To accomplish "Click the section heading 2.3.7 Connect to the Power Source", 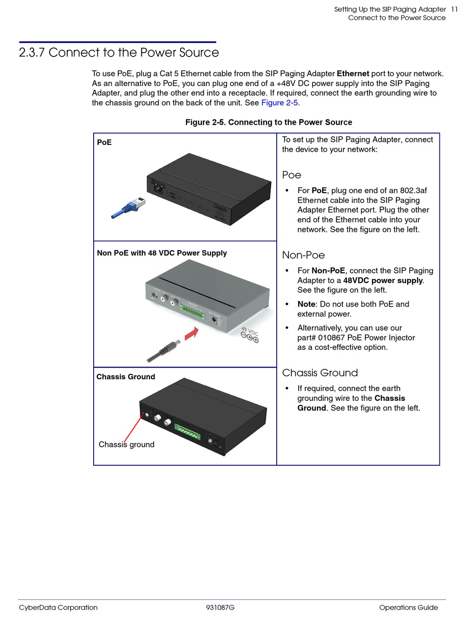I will [119, 53].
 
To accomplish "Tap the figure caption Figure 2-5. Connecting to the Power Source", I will [268, 122].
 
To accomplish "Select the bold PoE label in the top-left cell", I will [104, 142].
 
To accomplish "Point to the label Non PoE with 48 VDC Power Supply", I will [162, 253].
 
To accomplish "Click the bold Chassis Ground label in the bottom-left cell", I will [126, 377].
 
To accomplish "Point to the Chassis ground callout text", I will [127, 445].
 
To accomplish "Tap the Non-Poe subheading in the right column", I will [303, 255].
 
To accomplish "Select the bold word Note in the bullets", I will [306, 304].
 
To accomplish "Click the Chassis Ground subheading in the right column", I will [320, 373].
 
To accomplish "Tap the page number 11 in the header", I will [454, 9].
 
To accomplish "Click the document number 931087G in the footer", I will [220, 608].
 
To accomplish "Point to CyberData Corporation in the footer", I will [58, 608].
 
